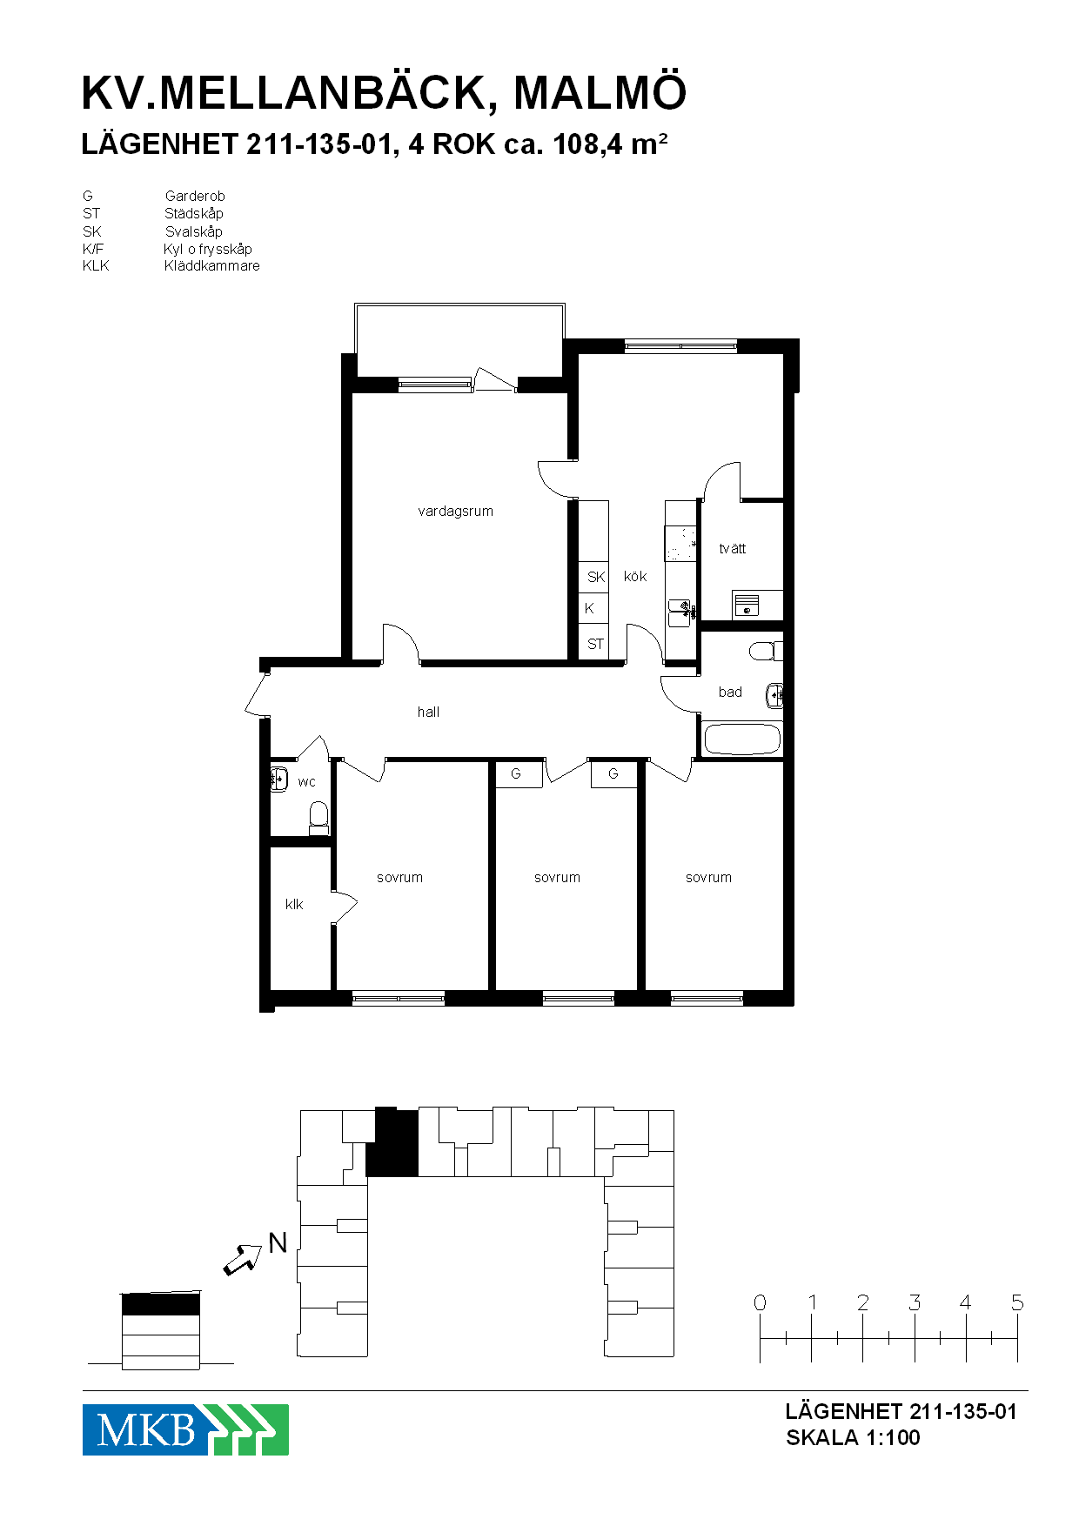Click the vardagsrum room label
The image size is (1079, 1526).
pos(455,512)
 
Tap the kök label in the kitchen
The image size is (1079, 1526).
pos(635,576)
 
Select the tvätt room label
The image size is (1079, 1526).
pos(733,548)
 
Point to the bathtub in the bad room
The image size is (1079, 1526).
pos(741,739)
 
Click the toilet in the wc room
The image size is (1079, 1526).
pos(318,818)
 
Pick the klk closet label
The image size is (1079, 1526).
pos(294,905)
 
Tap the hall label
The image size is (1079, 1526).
pos(428,712)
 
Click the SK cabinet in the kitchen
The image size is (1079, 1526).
pos(594,576)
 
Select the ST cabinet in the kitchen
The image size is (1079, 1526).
pos(594,645)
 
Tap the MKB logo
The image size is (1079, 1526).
pos(185,1429)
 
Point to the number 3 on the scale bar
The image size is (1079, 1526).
pos(915,1302)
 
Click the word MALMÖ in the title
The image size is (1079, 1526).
pos(600,93)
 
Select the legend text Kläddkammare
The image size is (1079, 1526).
pos(212,266)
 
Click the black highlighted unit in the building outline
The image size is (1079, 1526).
pos(392,1142)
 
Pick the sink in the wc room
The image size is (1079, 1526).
pos(278,779)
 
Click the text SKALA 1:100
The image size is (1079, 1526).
pos(853,1438)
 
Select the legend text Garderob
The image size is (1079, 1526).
pos(195,197)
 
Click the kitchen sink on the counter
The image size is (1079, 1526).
pos(680,612)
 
